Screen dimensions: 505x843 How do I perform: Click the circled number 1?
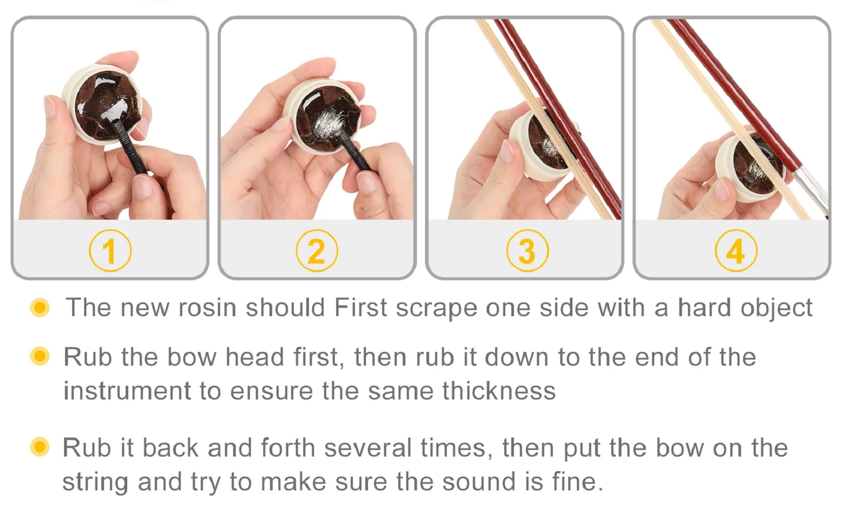(110, 250)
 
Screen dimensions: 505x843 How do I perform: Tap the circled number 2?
(317, 250)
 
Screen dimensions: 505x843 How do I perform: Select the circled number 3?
(527, 250)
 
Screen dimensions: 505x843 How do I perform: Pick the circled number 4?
(736, 250)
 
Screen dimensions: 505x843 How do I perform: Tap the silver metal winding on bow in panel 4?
(810, 189)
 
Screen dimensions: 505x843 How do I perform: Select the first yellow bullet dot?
(39, 308)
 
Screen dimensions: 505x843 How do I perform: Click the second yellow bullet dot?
(39, 356)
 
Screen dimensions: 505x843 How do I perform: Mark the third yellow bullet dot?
(39, 447)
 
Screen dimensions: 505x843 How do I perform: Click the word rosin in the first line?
(207, 308)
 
